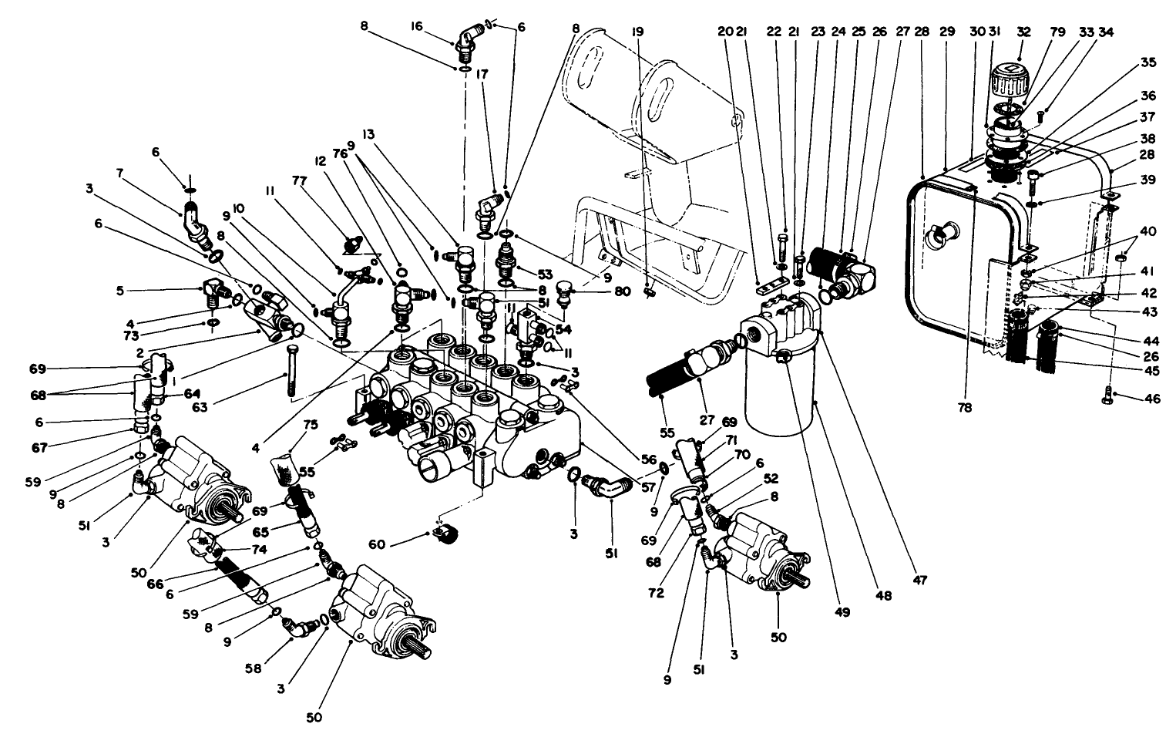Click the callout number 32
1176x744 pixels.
[x=1023, y=32]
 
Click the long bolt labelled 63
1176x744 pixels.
[x=292, y=371]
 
